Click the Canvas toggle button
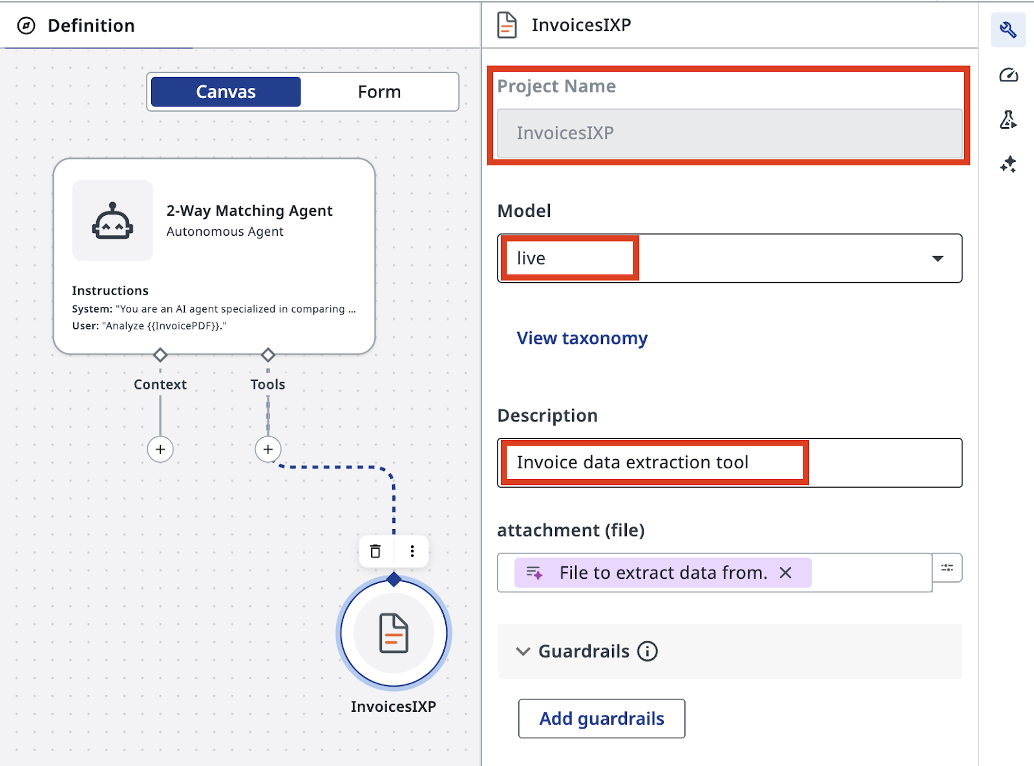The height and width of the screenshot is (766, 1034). pos(226,92)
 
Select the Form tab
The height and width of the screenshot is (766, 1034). pos(379,92)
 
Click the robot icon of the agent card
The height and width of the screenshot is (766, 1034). pos(112,220)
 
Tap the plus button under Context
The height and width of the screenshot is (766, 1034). pos(160,449)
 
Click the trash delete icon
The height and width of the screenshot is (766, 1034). pos(375,551)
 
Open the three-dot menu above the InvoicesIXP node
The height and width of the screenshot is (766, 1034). pos(412,551)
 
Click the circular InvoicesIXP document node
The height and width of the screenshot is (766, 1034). pos(394,633)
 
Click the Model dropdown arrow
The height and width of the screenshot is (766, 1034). pos(938,258)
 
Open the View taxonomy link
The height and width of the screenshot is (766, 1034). pos(582,338)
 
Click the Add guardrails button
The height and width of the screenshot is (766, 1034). pos(602,718)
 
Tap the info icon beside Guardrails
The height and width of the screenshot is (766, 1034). pos(648,652)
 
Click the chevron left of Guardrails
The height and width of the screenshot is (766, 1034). pos(523,652)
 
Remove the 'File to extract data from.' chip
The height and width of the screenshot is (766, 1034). pos(786,573)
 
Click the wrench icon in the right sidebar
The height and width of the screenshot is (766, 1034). pos(1008,30)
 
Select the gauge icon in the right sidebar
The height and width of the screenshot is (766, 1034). pos(1008,75)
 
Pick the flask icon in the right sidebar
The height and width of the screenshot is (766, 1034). pos(1008,119)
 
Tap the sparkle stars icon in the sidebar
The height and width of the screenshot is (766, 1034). pos(1008,165)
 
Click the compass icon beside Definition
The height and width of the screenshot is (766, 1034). pos(26,26)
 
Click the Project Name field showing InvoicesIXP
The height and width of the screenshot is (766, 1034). pos(730,134)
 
